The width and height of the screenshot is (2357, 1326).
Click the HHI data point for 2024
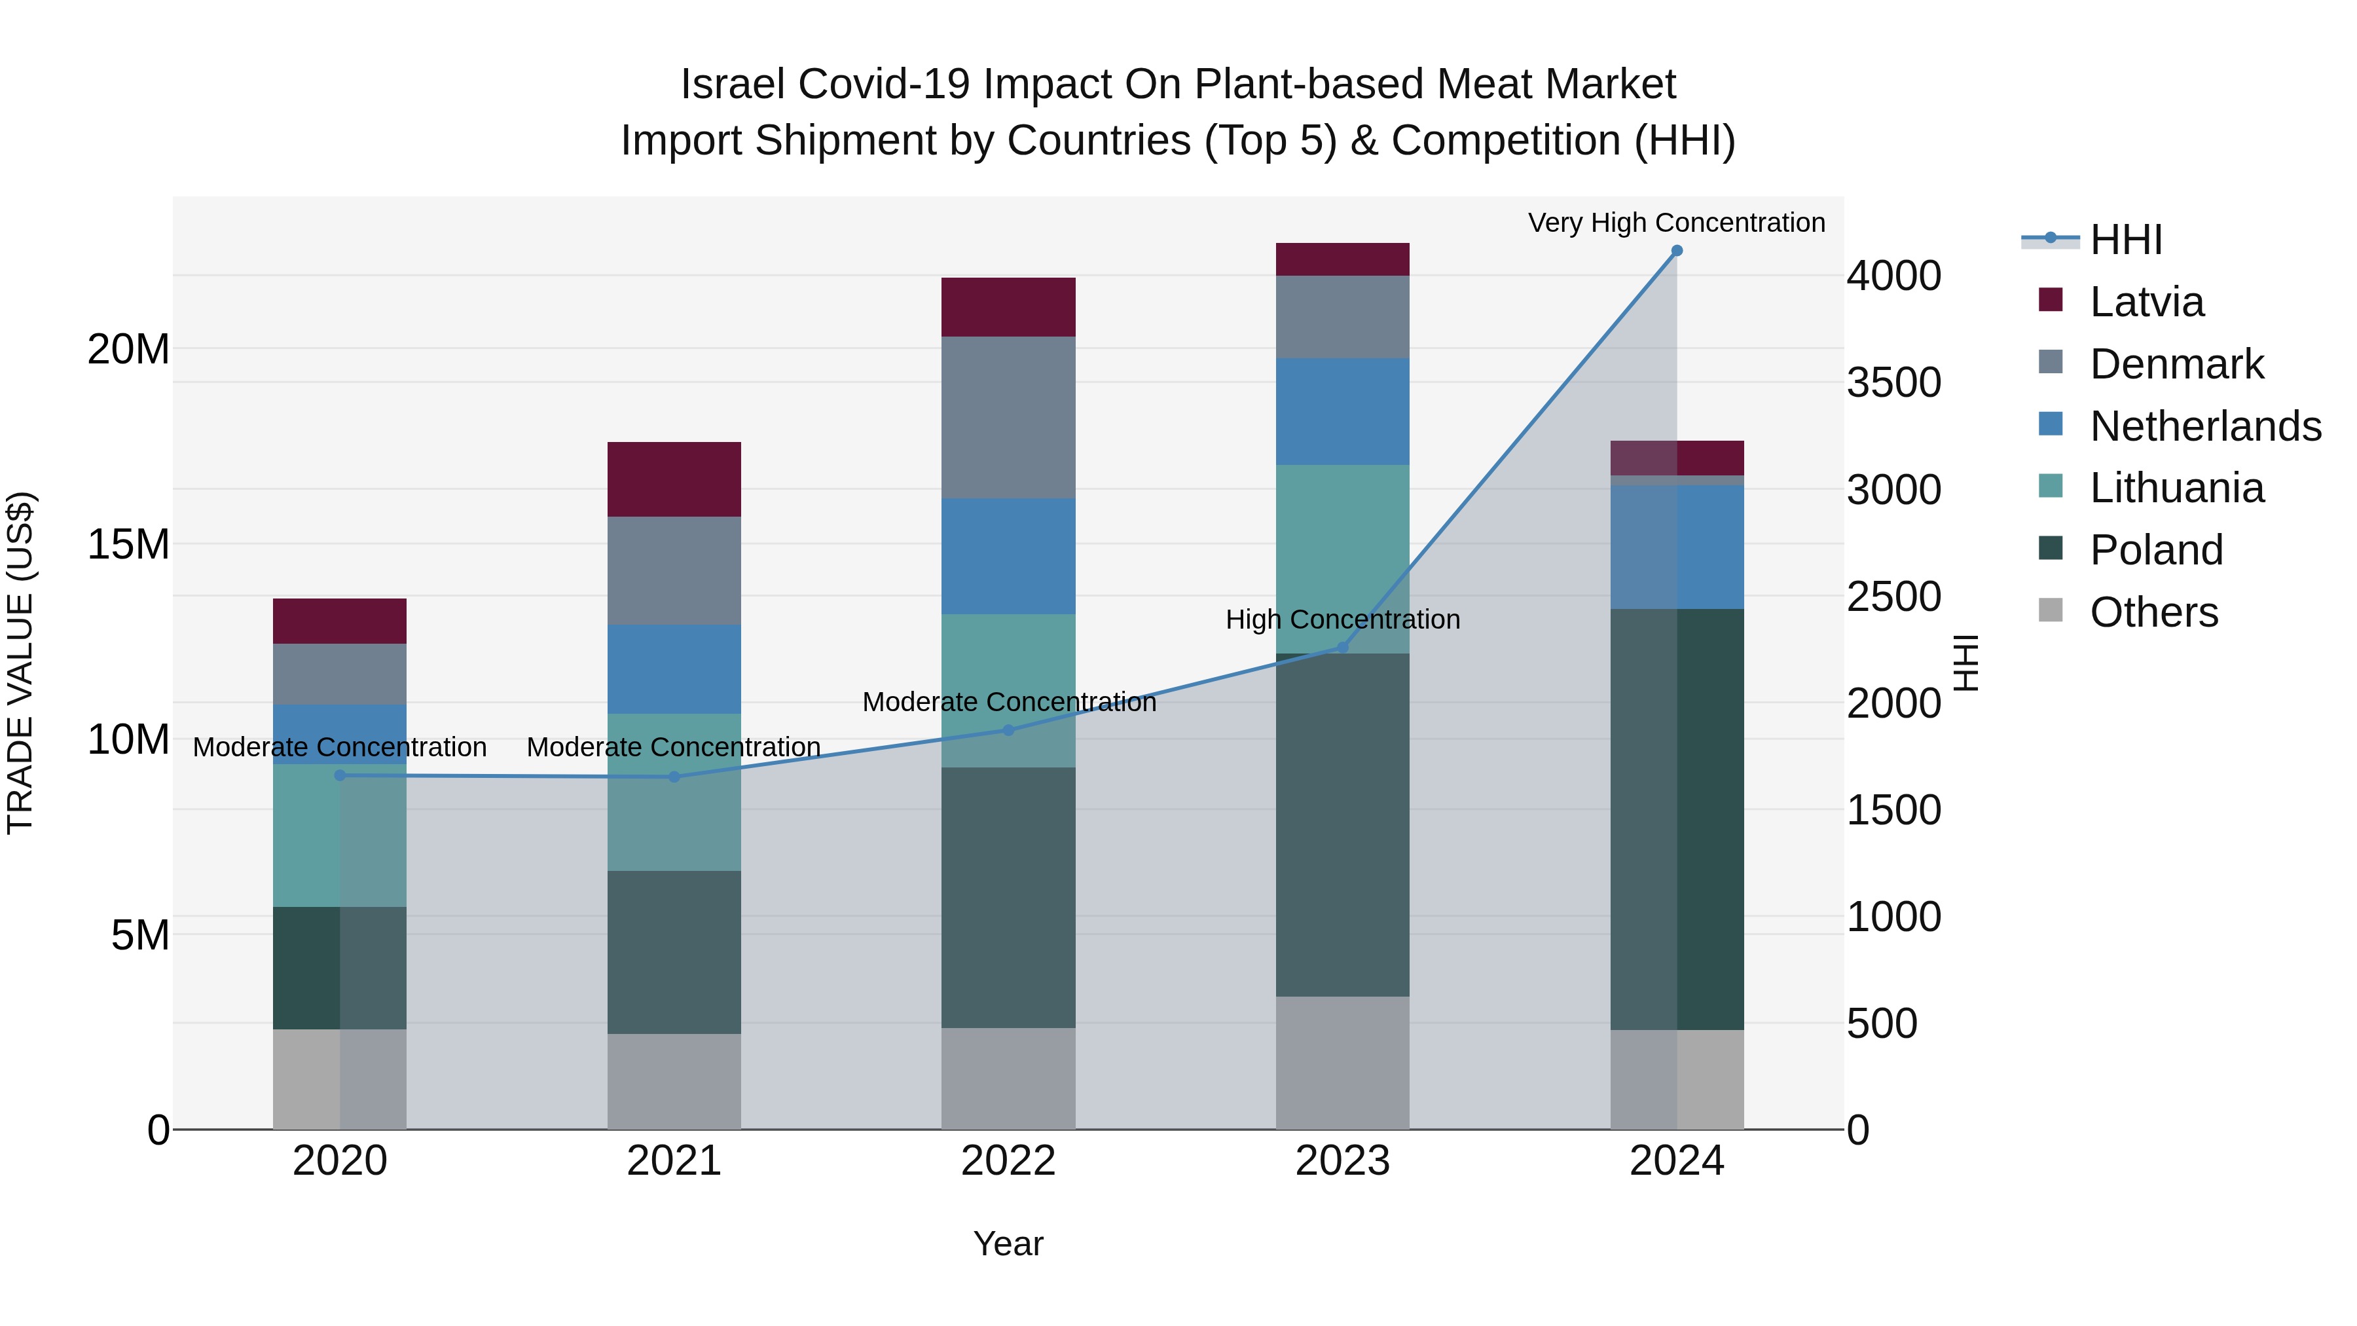(x=1676, y=251)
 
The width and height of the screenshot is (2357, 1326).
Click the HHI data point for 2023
(x=1342, y=647)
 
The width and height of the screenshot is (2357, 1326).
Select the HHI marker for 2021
(x=674, y=777)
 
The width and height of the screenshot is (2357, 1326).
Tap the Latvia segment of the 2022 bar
(x=1008, y=308)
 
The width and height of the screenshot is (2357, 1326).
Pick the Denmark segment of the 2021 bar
(x=674, y=571)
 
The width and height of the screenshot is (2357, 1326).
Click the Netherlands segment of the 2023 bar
(x=1342, y=412)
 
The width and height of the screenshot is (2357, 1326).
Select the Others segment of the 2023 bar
(x=1342, y=1063)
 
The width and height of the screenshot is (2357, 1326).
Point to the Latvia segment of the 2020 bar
(x=339, y=621)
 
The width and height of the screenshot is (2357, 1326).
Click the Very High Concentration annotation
(x=1676, y=223)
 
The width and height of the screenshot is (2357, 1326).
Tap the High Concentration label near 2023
(x=1342, y=619)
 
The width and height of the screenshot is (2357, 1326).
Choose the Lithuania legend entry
(x=2176, y=488)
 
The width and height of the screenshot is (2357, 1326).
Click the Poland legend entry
(x=2156, y=550)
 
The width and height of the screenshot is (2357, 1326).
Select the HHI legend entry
(x=2125, y=240)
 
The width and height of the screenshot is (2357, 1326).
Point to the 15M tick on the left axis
(x=128, y=545)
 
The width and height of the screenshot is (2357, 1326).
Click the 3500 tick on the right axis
(x=1893, y=382)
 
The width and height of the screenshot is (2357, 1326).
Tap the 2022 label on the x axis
(x=1008, y=1161)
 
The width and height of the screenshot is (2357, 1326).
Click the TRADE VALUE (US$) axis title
(x=20, y=663)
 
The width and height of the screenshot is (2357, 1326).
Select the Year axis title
(x=1008, y=1243)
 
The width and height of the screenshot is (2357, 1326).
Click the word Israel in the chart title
(x=732, y=84)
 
